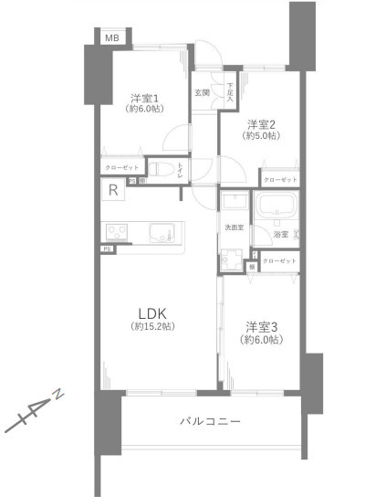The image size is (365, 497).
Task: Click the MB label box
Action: pos(110,37)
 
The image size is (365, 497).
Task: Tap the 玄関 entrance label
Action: pos(202,92)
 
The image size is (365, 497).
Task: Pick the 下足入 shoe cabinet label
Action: pos(230,88)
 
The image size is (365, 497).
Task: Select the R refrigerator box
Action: pos(112,191)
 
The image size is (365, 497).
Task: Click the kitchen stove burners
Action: pos(119,231)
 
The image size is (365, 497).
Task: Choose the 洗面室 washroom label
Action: pos(235,227)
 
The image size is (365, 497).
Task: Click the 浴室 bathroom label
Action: pos(281,235)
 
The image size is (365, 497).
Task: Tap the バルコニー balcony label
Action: pos(209,422)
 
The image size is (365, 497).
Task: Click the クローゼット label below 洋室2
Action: pos(280,180)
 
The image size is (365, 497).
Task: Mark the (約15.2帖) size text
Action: pos(152,326)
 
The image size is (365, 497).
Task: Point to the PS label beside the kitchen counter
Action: pos(107,248)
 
